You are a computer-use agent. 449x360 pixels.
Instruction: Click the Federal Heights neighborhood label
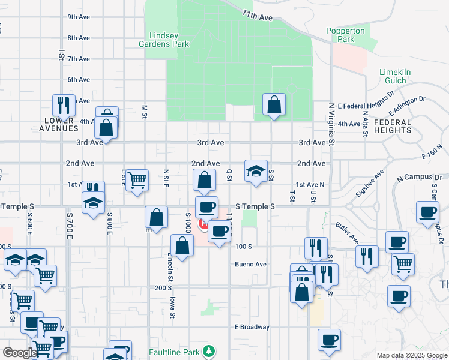pos(393,126)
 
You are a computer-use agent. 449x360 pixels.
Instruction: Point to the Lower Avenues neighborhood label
pos(61,124)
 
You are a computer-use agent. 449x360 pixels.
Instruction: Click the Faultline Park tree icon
pos(208,350)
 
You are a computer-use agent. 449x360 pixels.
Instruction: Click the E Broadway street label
pos(252,327)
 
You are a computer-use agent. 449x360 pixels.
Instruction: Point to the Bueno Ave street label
pos(250,264)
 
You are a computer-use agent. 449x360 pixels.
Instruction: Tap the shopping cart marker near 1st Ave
pos(137,179)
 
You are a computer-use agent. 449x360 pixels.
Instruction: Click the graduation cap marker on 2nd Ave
pos(256,171)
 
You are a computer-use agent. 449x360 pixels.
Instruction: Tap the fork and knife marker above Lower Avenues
pos(63,105)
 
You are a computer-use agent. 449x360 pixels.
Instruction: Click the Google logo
pos(19,353)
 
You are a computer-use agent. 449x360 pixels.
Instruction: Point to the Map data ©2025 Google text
pos(411,355)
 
